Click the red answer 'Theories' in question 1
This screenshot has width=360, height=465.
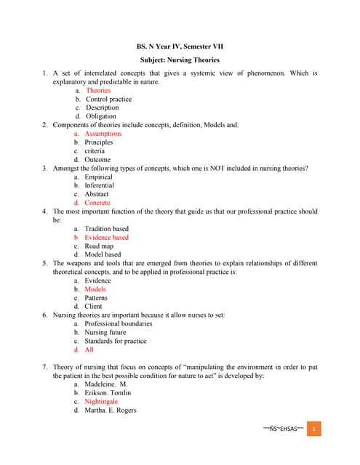click(x=98, y=91)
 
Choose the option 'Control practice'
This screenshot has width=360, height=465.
click(x=108, y=99)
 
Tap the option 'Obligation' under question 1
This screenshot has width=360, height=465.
click(x=100, y=116)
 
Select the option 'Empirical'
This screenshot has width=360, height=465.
click(x=99, y=177)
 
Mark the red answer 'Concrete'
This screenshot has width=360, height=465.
click(x=97, y=203)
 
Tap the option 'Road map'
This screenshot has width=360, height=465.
click(x=100, y=246)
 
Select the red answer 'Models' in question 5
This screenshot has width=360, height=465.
click(x=95, y=289)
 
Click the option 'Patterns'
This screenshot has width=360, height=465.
click(x=96, y=298)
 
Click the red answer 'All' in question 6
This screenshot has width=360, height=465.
click(x=89, y=349)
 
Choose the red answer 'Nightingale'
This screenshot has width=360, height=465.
click(x=101, y=401)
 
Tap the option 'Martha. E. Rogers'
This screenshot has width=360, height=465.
click(x=110, y=410)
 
